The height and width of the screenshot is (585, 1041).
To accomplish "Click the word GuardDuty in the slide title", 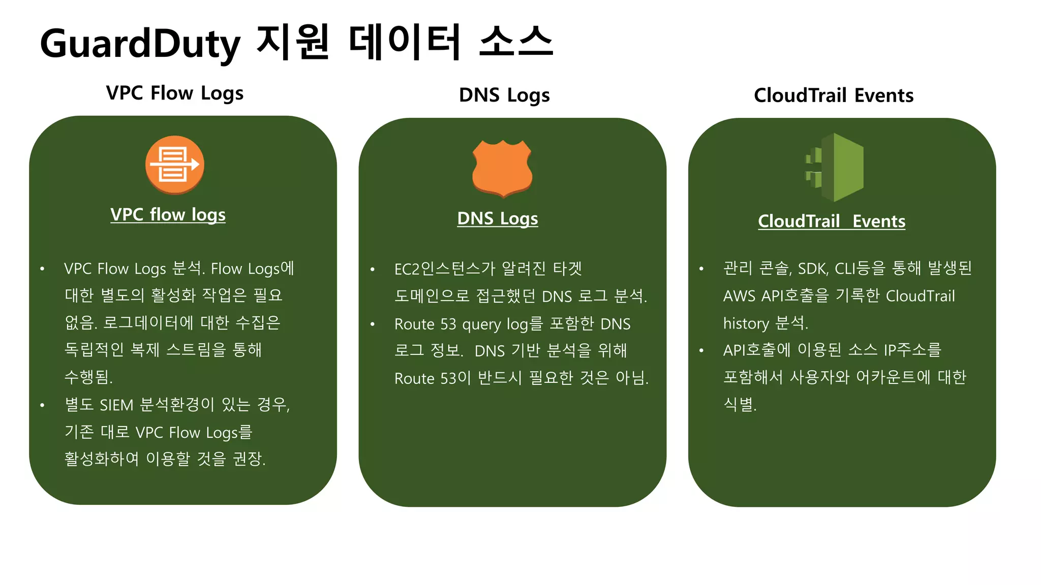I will [x=140, y=44].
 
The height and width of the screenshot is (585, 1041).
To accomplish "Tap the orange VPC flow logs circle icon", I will [x=175, y=165].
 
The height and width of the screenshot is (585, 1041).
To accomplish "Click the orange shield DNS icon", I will [x=502, y=168].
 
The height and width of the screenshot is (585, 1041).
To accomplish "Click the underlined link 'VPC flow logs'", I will [x=168, y=215].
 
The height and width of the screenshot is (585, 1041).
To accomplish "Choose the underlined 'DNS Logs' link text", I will [x=497, y=219].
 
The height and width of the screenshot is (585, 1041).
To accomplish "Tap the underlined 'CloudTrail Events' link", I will [x=832, y=221].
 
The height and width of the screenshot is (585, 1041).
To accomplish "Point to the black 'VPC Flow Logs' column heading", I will [x=174, y=93].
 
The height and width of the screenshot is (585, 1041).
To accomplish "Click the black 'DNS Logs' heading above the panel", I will [x=504, y=95].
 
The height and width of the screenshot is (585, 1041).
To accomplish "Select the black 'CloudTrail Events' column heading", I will [x=834, y=95].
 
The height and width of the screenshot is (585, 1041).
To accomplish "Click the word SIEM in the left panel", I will [x=116, y=405].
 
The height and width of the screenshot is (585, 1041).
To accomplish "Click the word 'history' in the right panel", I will [x=746, y=323].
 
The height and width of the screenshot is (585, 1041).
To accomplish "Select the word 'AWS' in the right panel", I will [x=739, y=296].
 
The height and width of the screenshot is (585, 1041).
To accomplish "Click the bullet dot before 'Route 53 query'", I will [x=373, y=324].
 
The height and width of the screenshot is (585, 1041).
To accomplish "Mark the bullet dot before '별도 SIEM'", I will [x=43, y=405].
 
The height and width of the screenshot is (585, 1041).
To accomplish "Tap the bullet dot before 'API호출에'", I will [x=701, y=350].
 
